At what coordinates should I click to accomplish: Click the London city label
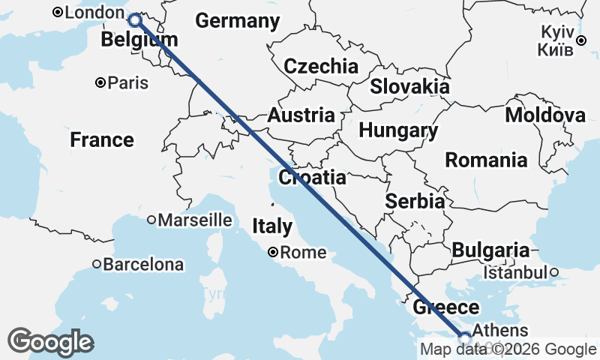pyautogui.click(x=94, y=13)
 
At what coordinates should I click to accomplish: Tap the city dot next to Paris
pyautogui.click(x=100, y=82)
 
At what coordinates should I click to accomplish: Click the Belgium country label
pyautogui.click(x=139, y=40)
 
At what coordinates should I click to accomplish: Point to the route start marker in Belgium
pyautogui.click(x=134, y=20)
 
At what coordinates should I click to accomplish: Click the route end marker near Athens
pyautogui.click(x=465, y=337)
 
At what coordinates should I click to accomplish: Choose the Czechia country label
pyautogui.click(x=320, y=66)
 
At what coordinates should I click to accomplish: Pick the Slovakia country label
pyautogui.click(x=409, y=86)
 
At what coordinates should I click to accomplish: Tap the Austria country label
pyautogui.click(x=301, y=115)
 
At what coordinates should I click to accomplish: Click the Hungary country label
pyautogui.click(x=398, y=130)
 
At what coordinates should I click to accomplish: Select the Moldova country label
pyautogui.click(x=545, y=115)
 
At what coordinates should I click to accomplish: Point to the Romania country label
pyautogui.click(x=486, y=160)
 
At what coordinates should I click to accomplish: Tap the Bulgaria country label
pyautogui.click(x=490, y=250)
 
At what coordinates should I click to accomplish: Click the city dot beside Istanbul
pyautogui.click(x=554, y=272)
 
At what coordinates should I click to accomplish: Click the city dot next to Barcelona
pyautogui.click(x=97, y=264)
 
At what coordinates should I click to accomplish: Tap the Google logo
pyautogui.click(x=50, y=342)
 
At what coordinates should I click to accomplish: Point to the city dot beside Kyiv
pyautogui.click(x=582, y=40)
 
